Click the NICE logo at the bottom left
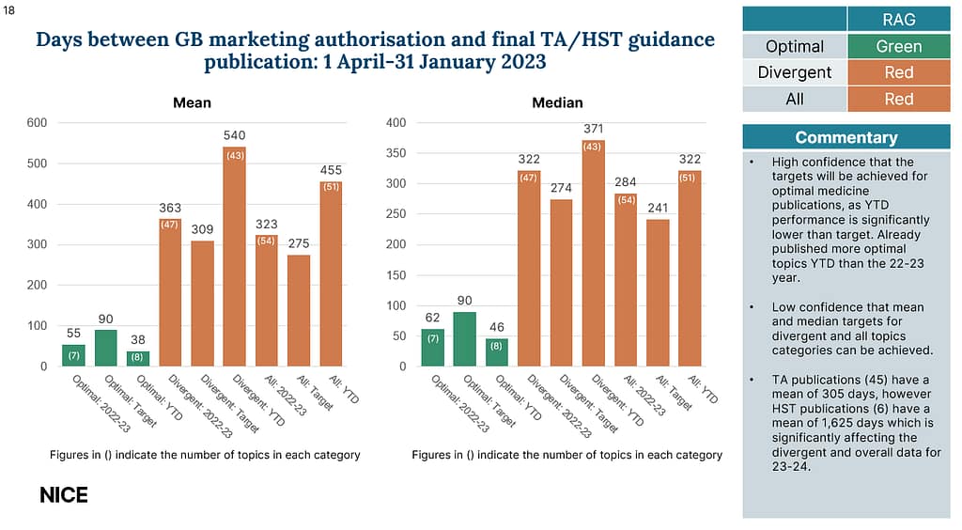(x=64, y=494)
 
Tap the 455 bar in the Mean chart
(x=332, y=273)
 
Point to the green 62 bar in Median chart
(x=433, y=347)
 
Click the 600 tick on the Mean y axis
(x=37, y=122)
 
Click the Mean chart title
(x=192, y=102)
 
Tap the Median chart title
(x=558, y=102)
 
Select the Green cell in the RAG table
(x=899, y=46)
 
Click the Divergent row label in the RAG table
(x=795, y=72)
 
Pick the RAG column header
(x=899, y=20)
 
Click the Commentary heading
(x=846, y=137)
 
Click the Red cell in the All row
(x=899, y=99)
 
